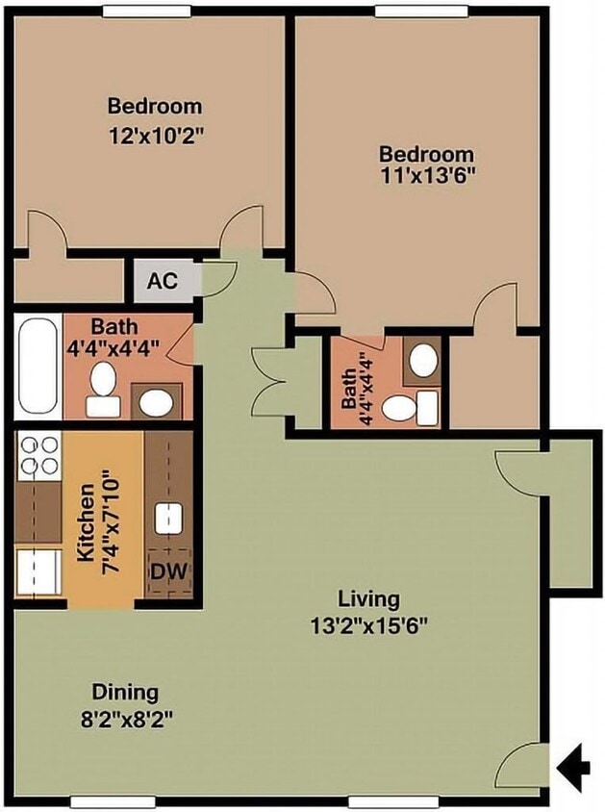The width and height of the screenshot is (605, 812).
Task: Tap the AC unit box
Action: point(162,282)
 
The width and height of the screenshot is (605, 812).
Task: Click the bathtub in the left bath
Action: point(38,367)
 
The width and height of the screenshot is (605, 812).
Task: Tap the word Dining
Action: point(125,691)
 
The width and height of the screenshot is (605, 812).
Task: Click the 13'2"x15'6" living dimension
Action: point(368,624)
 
